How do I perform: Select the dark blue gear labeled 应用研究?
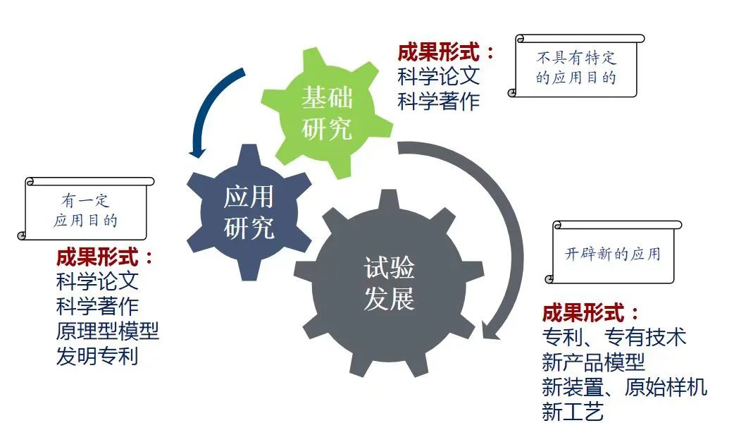pos(247,211)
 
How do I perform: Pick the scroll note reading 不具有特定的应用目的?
pos(576,67)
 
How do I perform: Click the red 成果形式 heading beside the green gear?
pos(445,52)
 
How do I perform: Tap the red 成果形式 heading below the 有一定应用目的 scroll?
pos(104,256)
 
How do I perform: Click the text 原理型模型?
pos(107,331)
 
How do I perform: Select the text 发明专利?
pos(97,356)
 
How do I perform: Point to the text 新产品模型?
pos(593,362)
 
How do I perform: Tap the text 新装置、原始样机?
pos(624,387)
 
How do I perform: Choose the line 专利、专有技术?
pos(614,337)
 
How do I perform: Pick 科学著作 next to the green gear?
pos(438,101)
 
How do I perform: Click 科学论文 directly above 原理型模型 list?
pos(97,281)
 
